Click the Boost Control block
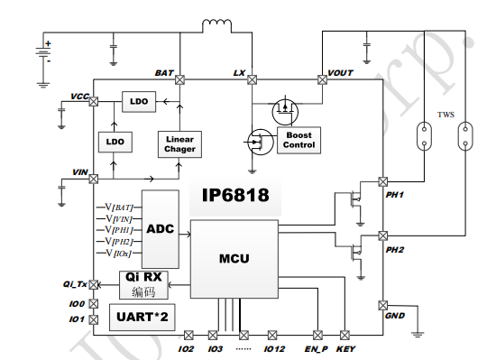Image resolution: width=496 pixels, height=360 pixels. click(299, 140)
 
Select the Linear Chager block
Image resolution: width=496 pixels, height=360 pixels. click(179, 144)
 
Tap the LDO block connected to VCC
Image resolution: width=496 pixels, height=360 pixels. click(139, 102)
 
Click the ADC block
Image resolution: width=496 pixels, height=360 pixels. click(161, 229)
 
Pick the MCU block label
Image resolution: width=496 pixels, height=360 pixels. click(234, 258)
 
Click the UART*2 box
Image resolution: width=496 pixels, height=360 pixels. click(142, 317)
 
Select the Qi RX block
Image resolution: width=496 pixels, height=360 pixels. click(143, 285)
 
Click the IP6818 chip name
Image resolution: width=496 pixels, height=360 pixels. click(235, 195)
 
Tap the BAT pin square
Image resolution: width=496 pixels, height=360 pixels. click(179, 79)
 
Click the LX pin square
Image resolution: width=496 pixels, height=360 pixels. click(252, 79)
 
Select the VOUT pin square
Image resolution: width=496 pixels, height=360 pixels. click(322, 79)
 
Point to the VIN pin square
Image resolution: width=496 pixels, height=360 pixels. click(93, 180)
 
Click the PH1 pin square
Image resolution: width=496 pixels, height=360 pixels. click(383, 181)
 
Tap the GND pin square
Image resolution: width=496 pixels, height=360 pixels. click(383, 305)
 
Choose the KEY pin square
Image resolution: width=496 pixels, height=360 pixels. click(344, 335)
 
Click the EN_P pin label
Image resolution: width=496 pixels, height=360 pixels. click(316, 349)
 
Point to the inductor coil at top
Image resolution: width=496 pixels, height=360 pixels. click(217, 23)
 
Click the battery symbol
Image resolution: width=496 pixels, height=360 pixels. click(43, 52)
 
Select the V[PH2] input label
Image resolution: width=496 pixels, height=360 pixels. click(119, 242)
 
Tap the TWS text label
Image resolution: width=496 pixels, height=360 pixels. click(445, 115)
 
